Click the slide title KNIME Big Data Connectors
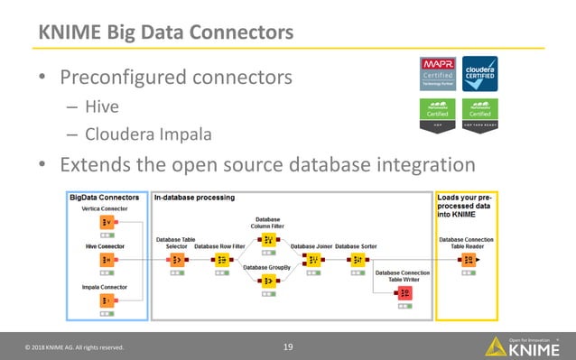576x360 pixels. [x=164, y=32]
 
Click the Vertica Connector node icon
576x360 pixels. [x=106, y=223]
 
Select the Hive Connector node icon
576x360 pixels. [x=106, y=260]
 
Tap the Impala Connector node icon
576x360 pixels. [x=106, y=300]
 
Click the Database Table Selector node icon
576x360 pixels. [x=175, y=260]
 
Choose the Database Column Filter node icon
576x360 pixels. [x=267, y=239]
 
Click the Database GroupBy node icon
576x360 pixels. [x=267, y=282]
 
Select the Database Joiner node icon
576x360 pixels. [x=312, y=260]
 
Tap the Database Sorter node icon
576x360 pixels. [x=357, y=260]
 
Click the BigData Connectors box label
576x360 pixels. [x=104, y=197]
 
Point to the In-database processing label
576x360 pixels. [x=194, y=197]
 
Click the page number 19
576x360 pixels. [x=289, y=346]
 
